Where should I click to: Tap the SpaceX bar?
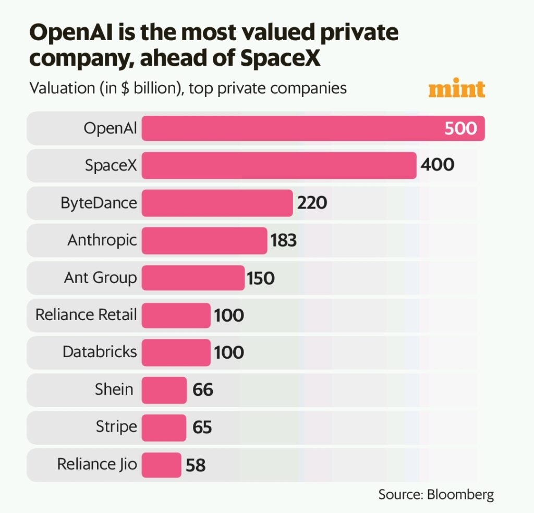click(x=279, y=165)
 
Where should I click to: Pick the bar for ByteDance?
click(x=217, y=203)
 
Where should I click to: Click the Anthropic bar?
click(x=204, y=240)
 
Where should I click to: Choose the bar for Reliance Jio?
click(x=161, y=464)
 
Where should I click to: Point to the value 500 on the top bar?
click(x=460, y=128)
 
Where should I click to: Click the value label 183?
click(x=284, y=240)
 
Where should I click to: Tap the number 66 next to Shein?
click(x=203, y=389)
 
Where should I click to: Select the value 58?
click(x=196, y=465)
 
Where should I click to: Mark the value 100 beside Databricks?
click(x=228, y=352)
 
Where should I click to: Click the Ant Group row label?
click(x=100, y=277)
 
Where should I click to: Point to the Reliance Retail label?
click(x=86, y=315)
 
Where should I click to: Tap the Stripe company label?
click(x=116, y=427)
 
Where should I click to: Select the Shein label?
click(x=114, y=389)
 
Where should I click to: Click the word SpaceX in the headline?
click(x=281, y=59)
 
